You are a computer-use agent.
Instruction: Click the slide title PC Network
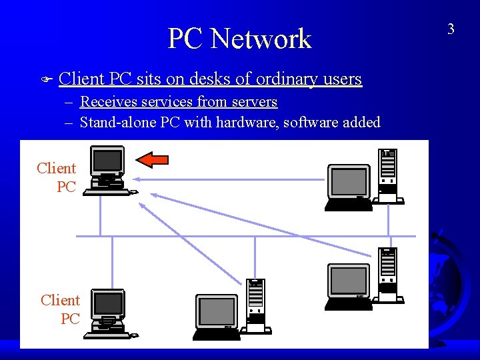[x=239, y=39]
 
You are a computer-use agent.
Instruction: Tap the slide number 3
[x=451, y=29]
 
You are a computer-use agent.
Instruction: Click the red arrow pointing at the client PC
[x=152, y=159]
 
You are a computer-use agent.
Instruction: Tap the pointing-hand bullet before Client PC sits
[x=46, y=80]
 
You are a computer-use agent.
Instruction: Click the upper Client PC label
[x=57, y=177]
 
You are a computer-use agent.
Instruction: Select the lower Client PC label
[x=61, y=309]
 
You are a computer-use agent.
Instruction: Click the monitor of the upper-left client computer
[x=107, y=160]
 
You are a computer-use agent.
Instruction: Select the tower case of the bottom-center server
[x=256, y=305]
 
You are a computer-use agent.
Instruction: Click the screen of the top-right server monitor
[x=349, y=181]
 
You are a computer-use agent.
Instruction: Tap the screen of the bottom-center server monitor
[x=217, y=311]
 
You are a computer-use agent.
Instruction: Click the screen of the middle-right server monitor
[x=348, y=281]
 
